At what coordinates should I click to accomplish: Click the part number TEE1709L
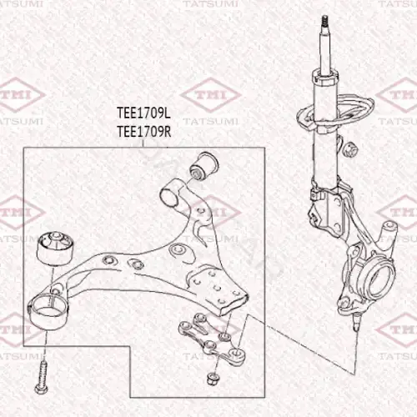coord(143,113)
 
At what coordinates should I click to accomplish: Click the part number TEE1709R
coord(143,132)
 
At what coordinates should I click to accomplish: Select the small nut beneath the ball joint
coord(214,379)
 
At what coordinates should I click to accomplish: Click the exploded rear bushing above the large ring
coord(55,249)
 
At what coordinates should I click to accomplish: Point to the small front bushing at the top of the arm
coord(203,166)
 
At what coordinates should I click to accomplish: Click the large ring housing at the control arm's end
coord(48,312)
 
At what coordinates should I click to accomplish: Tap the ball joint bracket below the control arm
coord(213,339)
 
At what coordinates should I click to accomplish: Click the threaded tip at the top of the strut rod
coord(324,22)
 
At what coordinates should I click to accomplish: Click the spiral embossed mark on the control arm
coord(178,250)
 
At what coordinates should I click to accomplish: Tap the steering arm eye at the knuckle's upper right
coord(389,227)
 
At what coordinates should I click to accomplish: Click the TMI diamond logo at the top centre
coord(210,94)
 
